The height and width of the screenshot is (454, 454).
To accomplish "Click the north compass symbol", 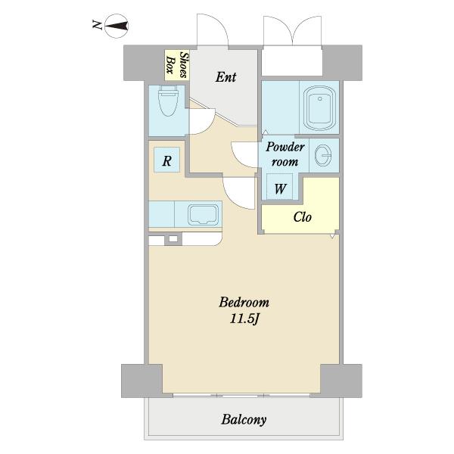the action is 116,26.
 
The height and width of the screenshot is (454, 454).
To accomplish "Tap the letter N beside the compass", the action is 98,25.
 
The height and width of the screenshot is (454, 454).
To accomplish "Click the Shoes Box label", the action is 176,65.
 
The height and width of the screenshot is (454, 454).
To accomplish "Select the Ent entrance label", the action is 225,77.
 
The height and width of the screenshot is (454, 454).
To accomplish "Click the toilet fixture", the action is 168,101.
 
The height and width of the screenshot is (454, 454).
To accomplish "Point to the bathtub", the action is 319,108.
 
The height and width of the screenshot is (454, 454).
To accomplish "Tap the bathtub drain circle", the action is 319,98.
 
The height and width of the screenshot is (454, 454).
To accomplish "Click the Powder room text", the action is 285,154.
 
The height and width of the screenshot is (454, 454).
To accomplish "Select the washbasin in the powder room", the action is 323,155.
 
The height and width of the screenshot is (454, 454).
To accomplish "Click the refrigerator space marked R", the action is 166,160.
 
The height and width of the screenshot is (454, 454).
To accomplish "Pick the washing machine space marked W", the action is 280,188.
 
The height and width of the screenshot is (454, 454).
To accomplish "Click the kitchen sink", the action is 204,215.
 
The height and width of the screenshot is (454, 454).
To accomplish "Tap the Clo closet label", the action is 302,217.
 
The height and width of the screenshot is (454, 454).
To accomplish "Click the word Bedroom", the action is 244,302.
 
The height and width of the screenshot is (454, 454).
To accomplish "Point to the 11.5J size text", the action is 244,319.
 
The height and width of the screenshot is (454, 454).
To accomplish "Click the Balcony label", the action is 244,419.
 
